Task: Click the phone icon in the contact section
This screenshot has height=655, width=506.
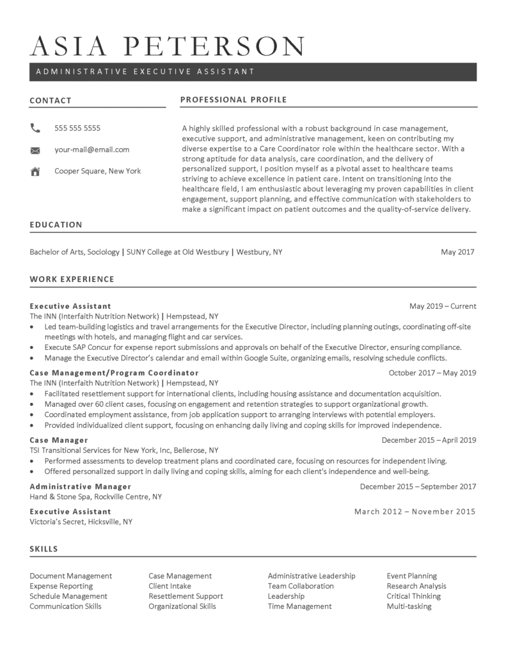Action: click(x=35, y=128)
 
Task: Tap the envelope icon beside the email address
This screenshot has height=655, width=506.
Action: click(x=35, y=150)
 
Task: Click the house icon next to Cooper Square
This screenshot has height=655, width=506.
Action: click(x=35, y=171)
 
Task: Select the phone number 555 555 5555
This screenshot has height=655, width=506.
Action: click(x=77, y=128)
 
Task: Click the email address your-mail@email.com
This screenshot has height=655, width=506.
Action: click(x=91, y=150)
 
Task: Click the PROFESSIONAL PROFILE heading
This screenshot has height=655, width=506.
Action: click(x=233, y=100)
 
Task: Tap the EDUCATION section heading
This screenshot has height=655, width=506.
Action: click(x=56, y=225)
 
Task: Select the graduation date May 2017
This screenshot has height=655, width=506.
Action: click(x=457, y=252)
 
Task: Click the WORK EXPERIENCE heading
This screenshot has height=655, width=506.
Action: click(x=72, y=279)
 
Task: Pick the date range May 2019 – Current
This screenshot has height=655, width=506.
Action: click(x=443, y=306)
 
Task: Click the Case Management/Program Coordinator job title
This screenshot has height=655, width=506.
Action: click(x=114, y=372)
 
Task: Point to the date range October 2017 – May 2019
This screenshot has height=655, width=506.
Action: click(x=432, y=372)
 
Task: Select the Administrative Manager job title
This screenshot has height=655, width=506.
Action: click(x=80, y=486)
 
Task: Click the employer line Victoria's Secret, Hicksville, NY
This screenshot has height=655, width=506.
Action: click(x=81, y=521)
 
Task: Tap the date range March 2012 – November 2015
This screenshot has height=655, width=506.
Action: click(x=415, y=511)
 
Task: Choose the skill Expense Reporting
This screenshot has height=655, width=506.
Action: click(x=61, y=586)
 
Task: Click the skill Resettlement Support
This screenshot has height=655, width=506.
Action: click(x=186, y=596)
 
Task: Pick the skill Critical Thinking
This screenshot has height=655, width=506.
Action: click(x=413, y=596)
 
